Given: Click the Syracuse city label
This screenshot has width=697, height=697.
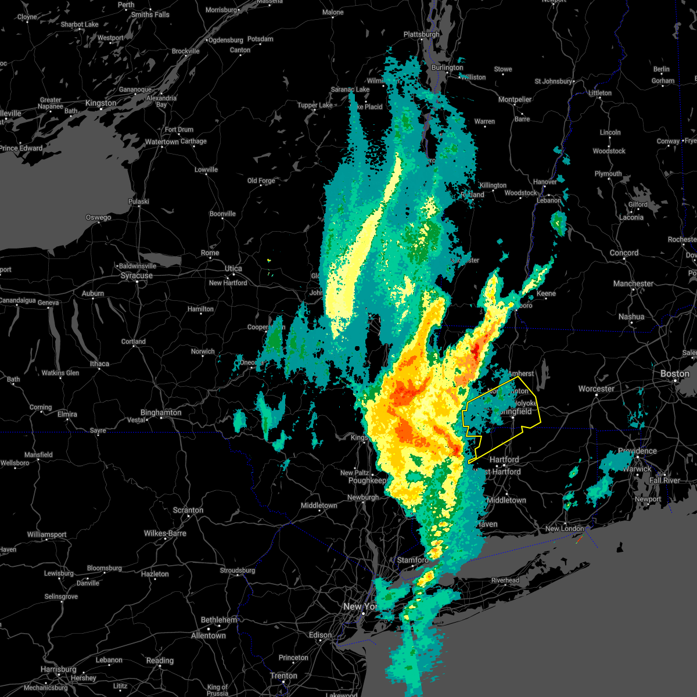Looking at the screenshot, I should pos(136,275).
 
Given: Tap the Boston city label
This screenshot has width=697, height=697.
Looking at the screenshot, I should pos(674,373).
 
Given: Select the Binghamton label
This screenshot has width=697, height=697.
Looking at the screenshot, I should pos(161,412).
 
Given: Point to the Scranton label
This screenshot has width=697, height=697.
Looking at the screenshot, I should pos(188,510).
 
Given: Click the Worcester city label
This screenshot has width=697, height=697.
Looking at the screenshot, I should pos(597,389).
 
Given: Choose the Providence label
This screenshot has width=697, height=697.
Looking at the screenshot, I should pos(637,451).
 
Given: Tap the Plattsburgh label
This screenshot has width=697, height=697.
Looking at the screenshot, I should pos(421,34).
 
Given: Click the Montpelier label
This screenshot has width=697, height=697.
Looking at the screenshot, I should pos(515,99).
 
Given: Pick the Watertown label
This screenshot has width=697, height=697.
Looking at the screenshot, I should pos(162,142).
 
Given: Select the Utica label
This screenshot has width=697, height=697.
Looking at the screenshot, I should pos(233,268).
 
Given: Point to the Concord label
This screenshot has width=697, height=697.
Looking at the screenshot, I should pos(624,253).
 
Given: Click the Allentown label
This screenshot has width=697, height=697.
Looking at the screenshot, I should pos(209,635).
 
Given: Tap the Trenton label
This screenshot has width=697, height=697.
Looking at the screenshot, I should pos(283,676).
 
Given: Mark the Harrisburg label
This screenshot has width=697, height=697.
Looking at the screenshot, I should pos(59,669).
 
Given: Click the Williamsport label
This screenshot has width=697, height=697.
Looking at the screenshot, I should pos(47,534).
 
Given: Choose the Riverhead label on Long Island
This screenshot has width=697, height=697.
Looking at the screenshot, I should pos(505,580).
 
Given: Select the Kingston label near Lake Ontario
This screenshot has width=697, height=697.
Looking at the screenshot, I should pos(100,103).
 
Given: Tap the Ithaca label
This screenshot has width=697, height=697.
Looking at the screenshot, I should pos(99,364).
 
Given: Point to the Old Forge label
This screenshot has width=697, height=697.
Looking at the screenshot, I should pos(261,181).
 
